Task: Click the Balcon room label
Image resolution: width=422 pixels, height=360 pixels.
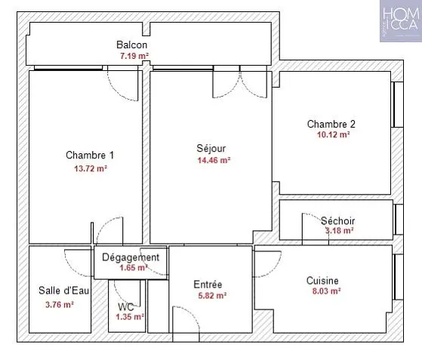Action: (x=132, y=45)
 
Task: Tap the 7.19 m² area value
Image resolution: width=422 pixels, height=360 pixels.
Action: (x=134, y=56)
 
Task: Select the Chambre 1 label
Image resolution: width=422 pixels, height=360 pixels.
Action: (x=90, y=155)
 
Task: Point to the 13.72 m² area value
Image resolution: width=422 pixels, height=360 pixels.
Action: (x=91, y=169)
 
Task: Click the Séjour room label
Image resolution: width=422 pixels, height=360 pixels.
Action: (x=211, y=148)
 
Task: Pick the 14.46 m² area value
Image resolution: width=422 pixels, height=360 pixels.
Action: (x=214, y=160)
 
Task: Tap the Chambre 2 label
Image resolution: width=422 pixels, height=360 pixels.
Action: (x=331, y=124)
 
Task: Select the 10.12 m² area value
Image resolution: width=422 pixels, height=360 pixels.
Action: (x=334, y=134)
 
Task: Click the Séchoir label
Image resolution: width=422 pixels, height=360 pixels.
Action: (x=337, y=221)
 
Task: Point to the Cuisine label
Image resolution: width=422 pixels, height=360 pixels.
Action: (x=322, y=281)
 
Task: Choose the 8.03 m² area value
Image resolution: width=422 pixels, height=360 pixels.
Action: (x=326, y=291)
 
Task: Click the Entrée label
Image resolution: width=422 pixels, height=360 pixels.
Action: (x=208, y=285)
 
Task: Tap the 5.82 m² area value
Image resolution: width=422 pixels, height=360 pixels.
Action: (x=212, y=296)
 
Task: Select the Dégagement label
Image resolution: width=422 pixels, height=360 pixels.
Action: (x=131, y=257)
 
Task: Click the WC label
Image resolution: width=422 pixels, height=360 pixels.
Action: (x=125, y=307)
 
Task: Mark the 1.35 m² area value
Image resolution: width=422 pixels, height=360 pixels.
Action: (x=130, y=317)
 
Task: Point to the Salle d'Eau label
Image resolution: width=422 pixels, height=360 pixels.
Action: (x=63, y=291)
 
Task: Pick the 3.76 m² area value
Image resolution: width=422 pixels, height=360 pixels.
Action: (x=60, y=305)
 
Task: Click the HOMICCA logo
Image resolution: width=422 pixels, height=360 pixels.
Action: (x=401, y=21)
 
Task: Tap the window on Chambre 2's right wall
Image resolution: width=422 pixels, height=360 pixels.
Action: (x=397, y=104)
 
